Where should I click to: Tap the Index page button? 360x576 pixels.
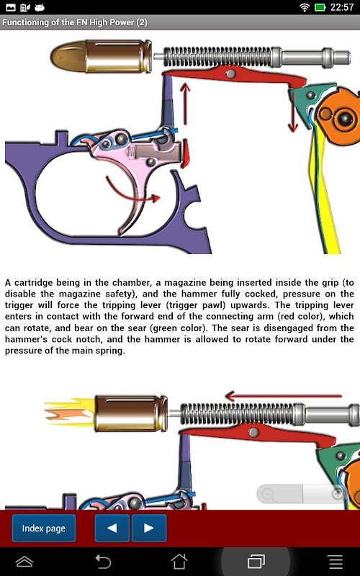tap(44, 528)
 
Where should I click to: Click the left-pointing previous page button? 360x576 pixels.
tap(112, 528)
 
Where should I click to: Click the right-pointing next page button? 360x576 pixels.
tap(149, 528)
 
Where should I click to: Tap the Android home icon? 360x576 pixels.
tap(179, 562)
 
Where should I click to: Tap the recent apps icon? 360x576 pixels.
tap(256, 562)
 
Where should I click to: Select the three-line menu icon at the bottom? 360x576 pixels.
tap(335, 562)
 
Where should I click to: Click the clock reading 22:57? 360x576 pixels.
tap(341, 7)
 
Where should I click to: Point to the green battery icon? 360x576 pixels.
tap(320, 7)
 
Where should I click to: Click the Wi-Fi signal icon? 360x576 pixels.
tap(305, 7)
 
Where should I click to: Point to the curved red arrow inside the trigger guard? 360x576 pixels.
tap(133, 192)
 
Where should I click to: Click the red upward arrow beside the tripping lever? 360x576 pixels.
tap(186, 104)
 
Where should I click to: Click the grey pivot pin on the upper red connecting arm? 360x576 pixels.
tap(230, 73)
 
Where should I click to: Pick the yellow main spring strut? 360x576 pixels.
tap(325, 191)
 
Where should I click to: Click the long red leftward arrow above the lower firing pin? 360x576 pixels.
tap(283, 396)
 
